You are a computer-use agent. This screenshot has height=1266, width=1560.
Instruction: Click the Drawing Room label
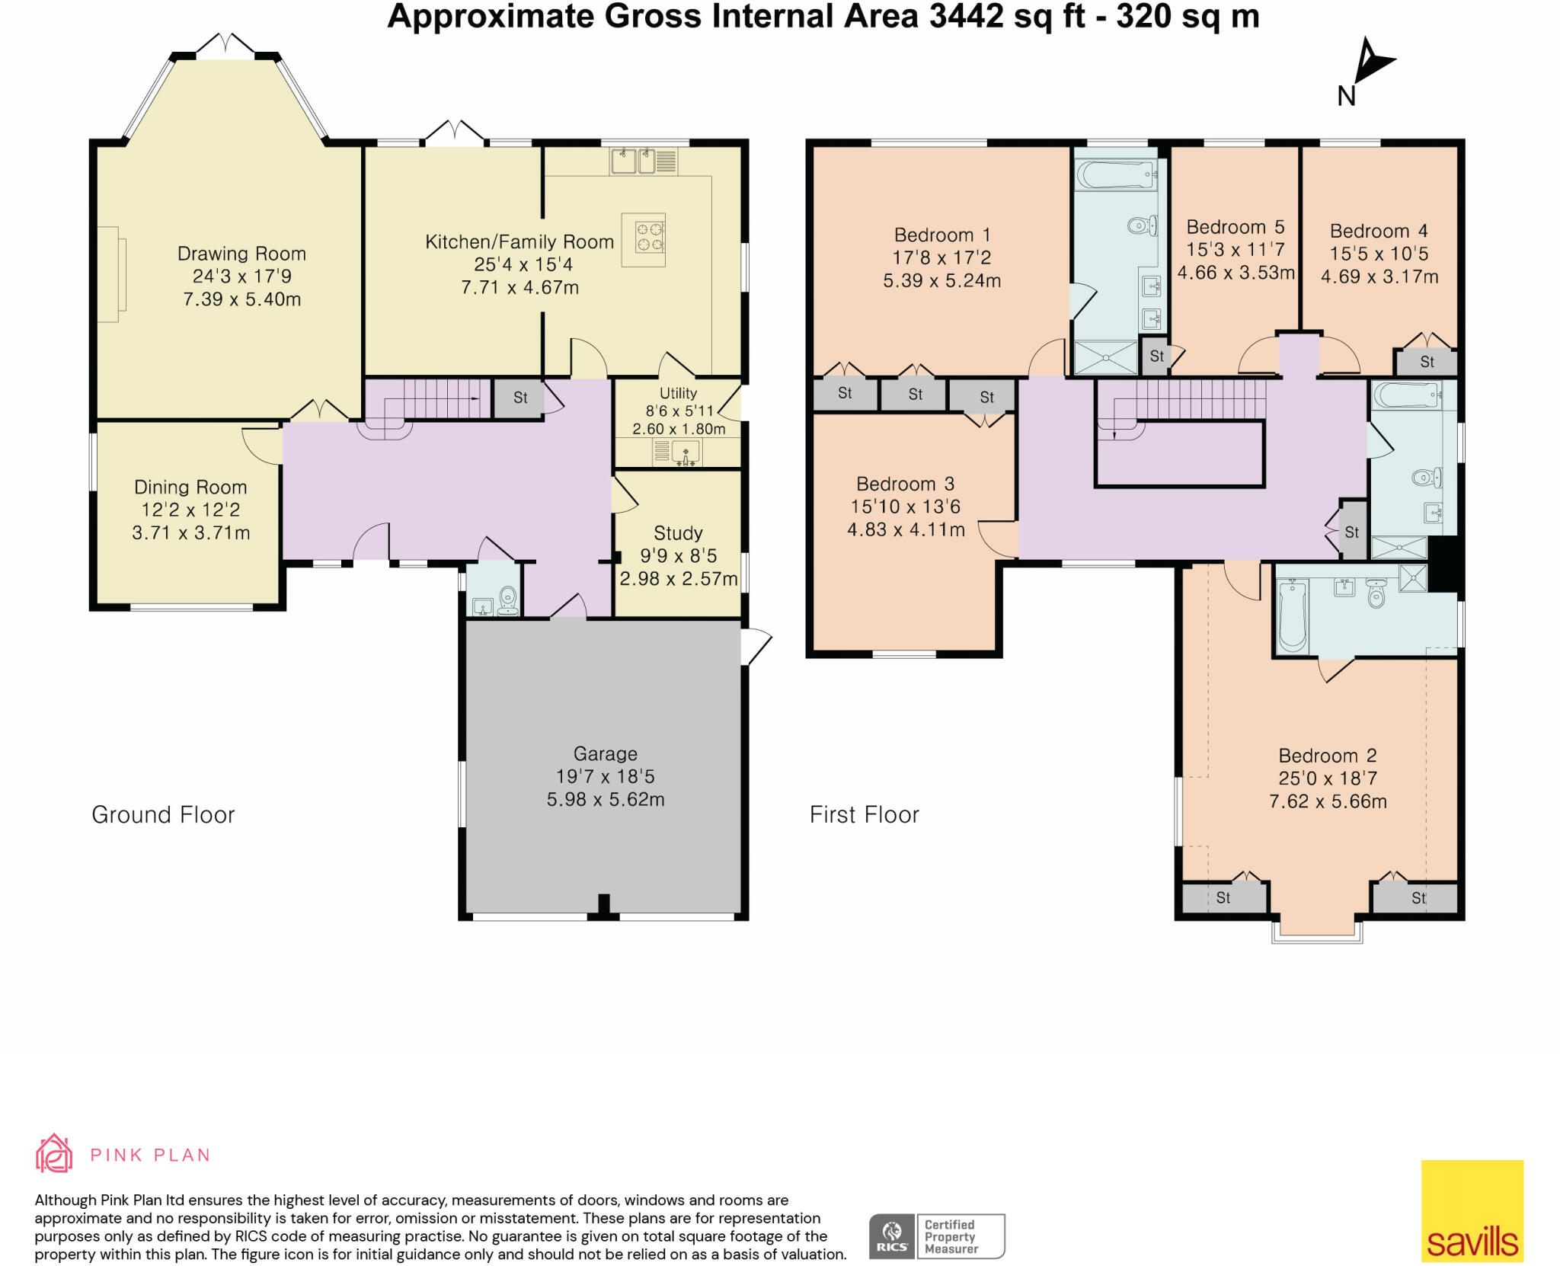(x=241, y=254)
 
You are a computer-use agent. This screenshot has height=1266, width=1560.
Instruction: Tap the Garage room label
(x=606, y=754)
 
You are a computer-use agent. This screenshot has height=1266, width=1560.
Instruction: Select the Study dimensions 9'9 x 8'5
(x=678, y=556)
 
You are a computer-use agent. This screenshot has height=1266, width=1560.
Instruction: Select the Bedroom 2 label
(x=1328, y=756)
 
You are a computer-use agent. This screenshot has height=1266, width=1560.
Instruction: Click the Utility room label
(x=678, y=393)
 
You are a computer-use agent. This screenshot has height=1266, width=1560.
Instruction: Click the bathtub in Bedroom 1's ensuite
(x=1116, y=174)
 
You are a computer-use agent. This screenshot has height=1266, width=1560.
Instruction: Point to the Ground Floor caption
(x=163, y=815)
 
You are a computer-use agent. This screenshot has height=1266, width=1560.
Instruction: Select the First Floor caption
(x=865, y=815)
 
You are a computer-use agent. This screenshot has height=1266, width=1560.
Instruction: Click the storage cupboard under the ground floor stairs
(x=519, y=398)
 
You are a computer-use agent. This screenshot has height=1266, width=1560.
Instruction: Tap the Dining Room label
(x=190, y=488)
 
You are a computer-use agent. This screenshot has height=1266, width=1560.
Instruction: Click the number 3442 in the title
(x=966, y=16)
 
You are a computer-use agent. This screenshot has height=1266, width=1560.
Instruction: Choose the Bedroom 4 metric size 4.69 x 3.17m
(x=1379, y=277)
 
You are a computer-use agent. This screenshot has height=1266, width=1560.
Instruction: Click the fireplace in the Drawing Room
(x=111, y=274)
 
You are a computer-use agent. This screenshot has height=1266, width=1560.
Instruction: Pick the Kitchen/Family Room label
(x=519, y=242)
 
